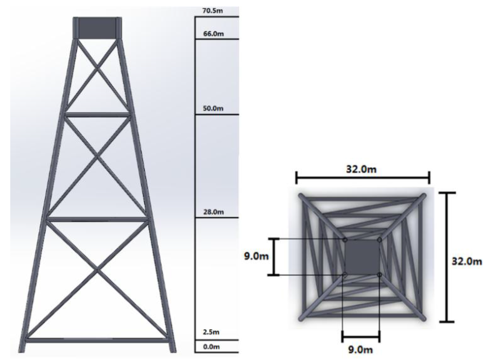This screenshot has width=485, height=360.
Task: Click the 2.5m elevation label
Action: (x=211, y=332)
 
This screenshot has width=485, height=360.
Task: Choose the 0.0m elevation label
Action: (x=211, y=347)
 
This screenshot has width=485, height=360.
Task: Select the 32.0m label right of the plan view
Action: (x=467, y=261)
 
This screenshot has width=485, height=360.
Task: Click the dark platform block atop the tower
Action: (x=97, y=28)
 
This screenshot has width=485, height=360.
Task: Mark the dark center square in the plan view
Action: (x=362, y=256)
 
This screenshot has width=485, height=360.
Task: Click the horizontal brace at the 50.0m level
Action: (x=97, y=114)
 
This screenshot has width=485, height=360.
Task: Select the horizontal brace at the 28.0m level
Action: (x=97, y=219)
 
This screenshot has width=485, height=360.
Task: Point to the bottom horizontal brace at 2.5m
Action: (x=97, y=340)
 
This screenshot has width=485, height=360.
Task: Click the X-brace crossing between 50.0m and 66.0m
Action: (x=98, y=69)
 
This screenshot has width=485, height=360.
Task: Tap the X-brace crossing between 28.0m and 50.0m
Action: (x=97, y=156)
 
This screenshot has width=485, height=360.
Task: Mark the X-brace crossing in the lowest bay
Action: (x=97, y=270)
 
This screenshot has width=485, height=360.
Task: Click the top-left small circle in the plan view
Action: (x=345, y=240)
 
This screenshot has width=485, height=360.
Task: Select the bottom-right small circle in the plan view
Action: (x=379, y=274)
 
